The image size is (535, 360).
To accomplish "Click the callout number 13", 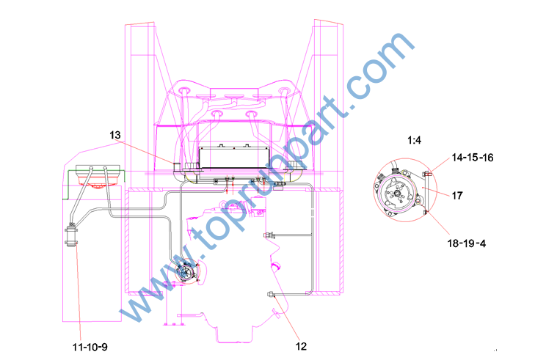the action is (x=115, y=136).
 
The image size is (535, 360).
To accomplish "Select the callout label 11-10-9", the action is (x=90, y=348).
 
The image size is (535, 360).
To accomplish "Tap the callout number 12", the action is (x=301, y=346).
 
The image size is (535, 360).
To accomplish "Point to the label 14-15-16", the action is (x=473, y=158).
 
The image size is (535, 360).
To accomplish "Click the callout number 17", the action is (x=457, y=196).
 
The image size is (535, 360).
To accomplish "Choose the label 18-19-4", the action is (x=467, y=243).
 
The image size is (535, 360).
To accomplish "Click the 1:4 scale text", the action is (x=414, y=140).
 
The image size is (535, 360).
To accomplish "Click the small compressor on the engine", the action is (x=186, y=271).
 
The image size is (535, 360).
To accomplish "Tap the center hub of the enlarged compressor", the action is (x=397, y=194).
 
